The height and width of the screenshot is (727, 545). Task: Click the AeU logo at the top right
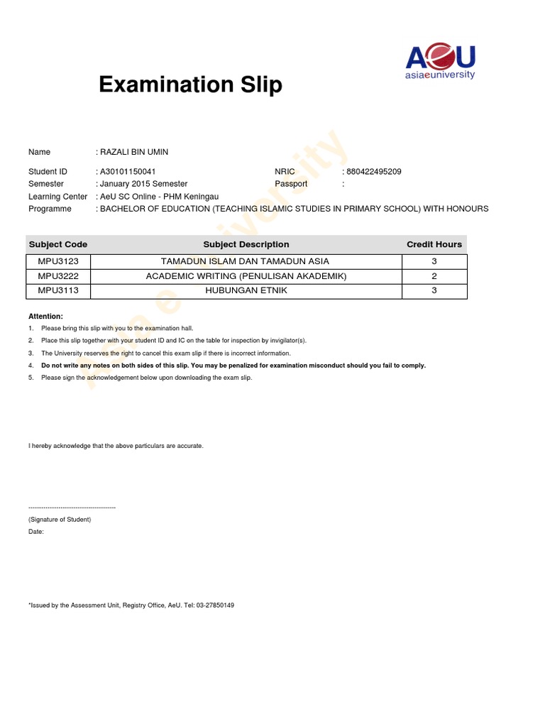coord(440,62)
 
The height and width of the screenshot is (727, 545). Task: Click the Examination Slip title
coord(190,85)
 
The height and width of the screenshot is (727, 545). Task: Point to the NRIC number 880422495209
coord(375,172)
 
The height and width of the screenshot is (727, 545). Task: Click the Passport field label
coord(291,184)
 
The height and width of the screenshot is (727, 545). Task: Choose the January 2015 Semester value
coord(143,184)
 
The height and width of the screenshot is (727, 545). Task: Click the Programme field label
coord(50,209)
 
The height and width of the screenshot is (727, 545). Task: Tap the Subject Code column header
coord(58,244)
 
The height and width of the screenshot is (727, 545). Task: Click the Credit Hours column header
coord(434,244)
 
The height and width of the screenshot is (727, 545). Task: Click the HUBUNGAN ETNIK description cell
coord(246,290)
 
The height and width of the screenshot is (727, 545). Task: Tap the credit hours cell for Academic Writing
coord(434,276)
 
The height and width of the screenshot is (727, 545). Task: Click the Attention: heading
coord(45,316)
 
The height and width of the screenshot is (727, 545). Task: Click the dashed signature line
coord(72,508)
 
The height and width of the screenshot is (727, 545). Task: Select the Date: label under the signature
coord(36,532)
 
